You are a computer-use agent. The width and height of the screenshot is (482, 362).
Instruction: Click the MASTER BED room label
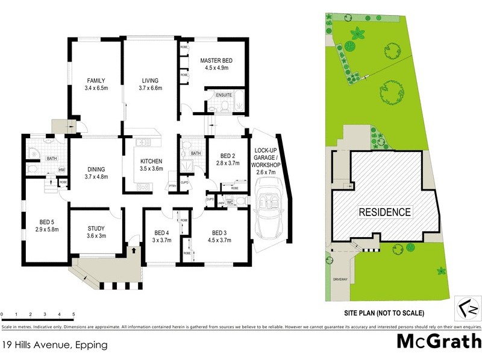point(217,60)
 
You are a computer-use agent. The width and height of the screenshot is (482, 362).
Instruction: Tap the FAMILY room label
point(96,80)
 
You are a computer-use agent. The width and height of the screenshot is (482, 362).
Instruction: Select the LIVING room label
point(151,80)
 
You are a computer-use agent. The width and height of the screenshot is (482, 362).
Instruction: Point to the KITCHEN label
point(151,161)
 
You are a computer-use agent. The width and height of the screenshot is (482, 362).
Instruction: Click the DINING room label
point(96,170)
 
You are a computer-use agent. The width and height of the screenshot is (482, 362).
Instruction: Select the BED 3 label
point(219,233)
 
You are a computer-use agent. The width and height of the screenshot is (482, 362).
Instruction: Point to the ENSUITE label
point(225,95)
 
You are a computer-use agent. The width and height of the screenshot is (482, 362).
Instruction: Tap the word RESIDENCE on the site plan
point(385,212)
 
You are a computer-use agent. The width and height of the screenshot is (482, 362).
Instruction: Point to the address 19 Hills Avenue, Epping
point(55,346)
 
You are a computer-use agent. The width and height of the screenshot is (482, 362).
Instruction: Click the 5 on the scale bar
point(74,315)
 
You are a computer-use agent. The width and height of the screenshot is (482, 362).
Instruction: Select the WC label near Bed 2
point(230,202)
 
